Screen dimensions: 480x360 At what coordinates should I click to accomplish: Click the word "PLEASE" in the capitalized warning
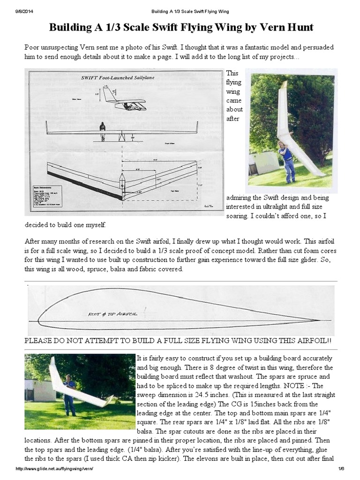pos(40,340)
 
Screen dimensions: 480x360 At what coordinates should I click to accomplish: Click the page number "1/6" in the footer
pos(340,469)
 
